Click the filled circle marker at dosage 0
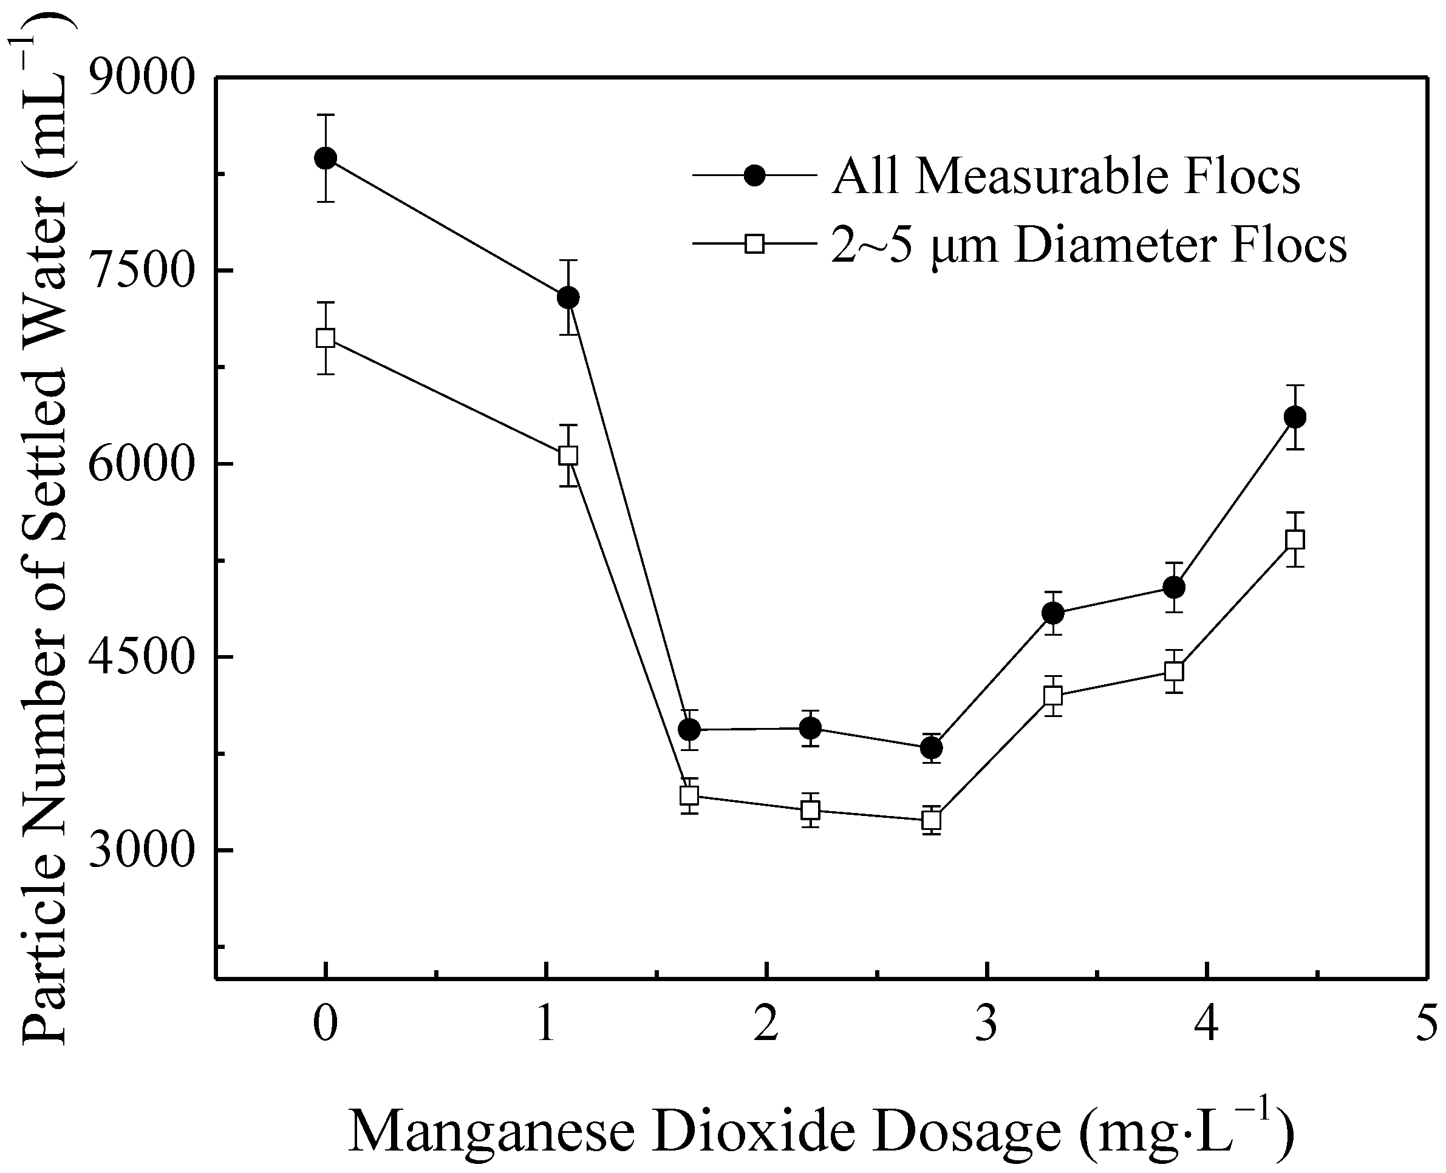326,158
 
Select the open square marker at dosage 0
326,337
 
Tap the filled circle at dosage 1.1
568,297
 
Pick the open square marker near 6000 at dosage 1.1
568,455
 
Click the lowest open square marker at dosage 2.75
932,820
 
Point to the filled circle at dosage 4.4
1295,417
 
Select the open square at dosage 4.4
1295,539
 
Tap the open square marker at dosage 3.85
1175,671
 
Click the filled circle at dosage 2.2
810,728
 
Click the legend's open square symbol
754,243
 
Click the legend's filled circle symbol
754,175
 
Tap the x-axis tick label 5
1426,1025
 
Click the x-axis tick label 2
766,1025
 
